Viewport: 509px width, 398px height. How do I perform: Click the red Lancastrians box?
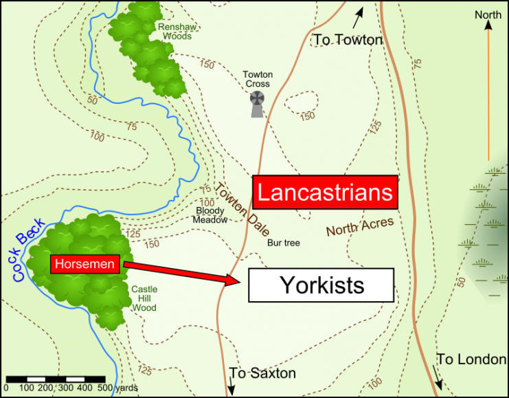point(325,192)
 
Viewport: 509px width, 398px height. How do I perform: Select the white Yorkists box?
point(321,285)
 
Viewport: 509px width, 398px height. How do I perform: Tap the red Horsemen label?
point(86,263)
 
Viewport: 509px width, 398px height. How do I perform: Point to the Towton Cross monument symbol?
point(258,104)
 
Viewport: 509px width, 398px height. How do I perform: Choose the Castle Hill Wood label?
point(144,299)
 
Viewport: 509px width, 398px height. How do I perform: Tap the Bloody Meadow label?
point(211,215)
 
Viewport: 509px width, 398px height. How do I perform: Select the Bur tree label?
point(284,243)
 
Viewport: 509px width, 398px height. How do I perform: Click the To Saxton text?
point(263,373)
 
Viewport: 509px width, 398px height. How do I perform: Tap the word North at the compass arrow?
point(488,15)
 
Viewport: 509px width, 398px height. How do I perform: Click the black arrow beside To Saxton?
point(231,386)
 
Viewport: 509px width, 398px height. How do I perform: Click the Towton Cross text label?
point(258,79)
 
